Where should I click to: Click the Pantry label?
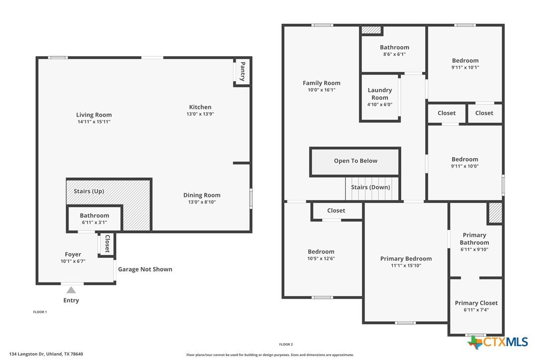pos(243,71)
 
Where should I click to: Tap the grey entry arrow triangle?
pos(71,290)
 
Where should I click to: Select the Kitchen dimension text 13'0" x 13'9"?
pos(200,114)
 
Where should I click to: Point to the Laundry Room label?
pos(380,93)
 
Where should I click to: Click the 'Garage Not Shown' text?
pos(145,270)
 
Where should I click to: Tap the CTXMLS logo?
pos(498,342)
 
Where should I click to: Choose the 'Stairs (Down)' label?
pos(370,187)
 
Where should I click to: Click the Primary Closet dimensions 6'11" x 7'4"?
pos(476,310)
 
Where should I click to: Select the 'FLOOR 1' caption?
pos(40,312)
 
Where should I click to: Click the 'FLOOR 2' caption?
pos(286,345)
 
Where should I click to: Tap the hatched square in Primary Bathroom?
pos(496,213)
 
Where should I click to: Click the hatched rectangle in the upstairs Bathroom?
pos(371,30)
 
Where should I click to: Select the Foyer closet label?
pos(107,244)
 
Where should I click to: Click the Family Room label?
pos(322,83)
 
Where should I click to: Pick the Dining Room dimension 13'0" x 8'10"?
pos(202,202)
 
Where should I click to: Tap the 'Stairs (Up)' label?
pos(89,191)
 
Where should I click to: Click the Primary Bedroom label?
pos(406,259)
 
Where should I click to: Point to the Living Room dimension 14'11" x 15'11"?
pos(94,122)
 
